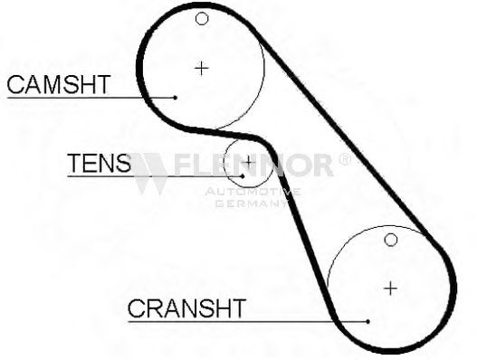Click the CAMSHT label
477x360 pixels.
pos(59,84)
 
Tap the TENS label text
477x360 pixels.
pos(100,163)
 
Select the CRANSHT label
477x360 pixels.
pos(186,308)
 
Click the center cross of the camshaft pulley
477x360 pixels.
pos(201,68)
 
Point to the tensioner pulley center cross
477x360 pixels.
pos(248,162)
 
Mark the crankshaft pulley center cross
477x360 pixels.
pos(391,288)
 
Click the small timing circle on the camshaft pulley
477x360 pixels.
pos(202,19)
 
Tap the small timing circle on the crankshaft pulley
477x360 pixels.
pos(391,240)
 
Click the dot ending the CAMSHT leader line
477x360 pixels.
pos(176,98)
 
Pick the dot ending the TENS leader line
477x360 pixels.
pos(243,176)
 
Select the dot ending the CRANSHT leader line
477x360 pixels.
pos(368,321)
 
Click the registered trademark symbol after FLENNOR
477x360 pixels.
pos(344,159)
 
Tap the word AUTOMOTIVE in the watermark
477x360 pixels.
pos(253,192)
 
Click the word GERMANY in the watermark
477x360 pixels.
pos(252,204)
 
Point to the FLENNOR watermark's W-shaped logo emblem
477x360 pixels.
pos(149,174)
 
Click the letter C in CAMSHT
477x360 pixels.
pos(15,84)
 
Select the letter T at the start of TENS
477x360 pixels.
pos(75,163)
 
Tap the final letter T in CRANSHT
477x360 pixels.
pos(238,308)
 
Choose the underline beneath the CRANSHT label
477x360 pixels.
pos(248,321)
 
